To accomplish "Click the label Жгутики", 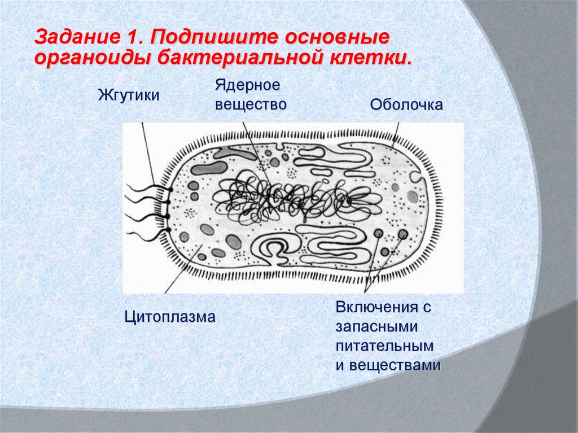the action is pos(128,94).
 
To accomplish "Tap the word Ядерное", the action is pos(247,86).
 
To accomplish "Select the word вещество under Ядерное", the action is pos(250,104).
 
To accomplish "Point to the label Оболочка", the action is pos(406,104).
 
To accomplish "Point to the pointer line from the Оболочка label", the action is pos(396,135).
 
